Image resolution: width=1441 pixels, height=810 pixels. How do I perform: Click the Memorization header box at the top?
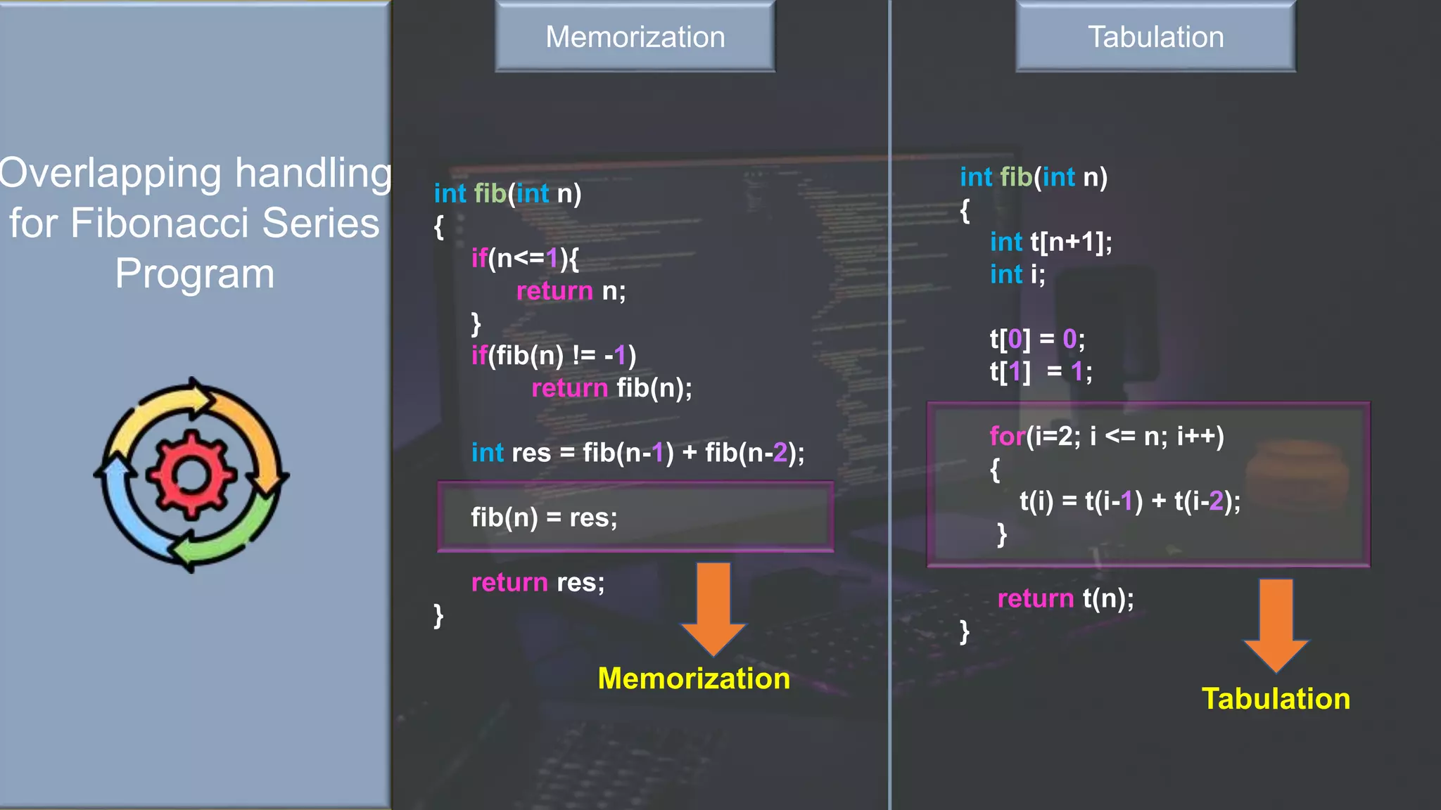point(635,37)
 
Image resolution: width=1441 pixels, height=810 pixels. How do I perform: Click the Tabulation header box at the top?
point(1155,37)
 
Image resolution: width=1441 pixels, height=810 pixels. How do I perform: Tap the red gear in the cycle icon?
point(191,475)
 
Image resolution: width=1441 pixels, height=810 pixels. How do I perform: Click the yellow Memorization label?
point(694,679)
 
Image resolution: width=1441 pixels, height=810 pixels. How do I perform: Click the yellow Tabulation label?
point(1276,699)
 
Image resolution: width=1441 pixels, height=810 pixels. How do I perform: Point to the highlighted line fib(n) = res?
point(544,517)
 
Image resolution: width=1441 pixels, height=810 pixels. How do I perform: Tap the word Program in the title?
point(195,274)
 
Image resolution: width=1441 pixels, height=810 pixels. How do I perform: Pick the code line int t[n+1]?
point(1050,242)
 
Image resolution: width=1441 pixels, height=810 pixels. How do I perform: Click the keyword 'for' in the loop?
point(1007,437)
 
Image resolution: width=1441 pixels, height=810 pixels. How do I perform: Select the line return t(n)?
point(1065,598)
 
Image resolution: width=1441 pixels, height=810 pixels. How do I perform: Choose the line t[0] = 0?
point(1037,340)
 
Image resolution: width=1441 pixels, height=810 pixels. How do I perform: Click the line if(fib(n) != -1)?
point(554,356)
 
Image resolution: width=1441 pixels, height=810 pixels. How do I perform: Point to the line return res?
point(538,582)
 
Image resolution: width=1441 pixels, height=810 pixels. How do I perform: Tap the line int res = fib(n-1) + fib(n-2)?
point(637,453)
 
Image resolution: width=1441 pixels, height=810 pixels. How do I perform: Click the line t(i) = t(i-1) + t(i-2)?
point(1130,501)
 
